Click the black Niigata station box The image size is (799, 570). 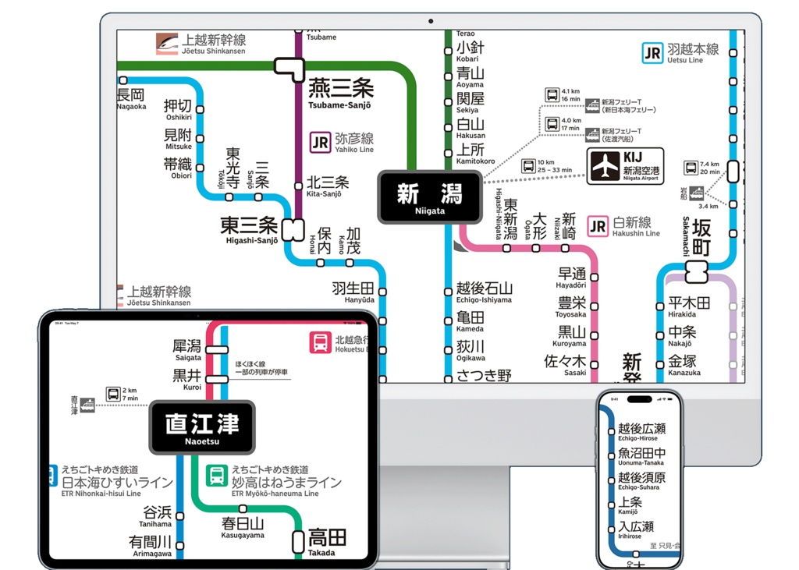[430, 196]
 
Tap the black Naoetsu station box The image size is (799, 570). [201, 427]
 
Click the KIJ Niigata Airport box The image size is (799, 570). [626, 166]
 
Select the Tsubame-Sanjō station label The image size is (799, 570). [340, 94]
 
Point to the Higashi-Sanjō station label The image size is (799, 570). [249, 229]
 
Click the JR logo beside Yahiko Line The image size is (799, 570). [320, 142]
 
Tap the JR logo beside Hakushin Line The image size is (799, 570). [598, 227]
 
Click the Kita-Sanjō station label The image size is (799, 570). [327, 186]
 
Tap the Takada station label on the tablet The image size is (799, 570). [327, 541]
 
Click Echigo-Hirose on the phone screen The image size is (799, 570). [641, 432]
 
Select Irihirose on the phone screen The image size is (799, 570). [636, 530]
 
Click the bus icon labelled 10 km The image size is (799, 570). [528, 165]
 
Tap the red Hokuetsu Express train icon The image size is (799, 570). [320, 343]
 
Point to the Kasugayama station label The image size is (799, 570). [243, 528]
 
